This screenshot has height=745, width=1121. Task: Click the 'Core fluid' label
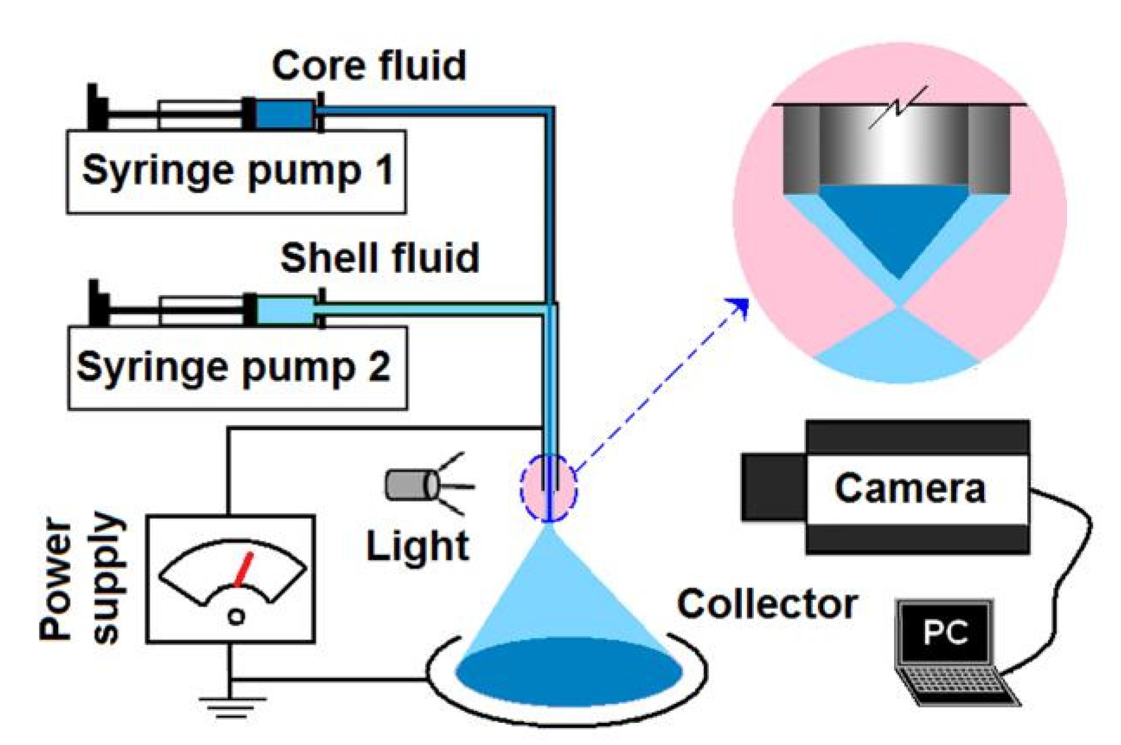(369, 65)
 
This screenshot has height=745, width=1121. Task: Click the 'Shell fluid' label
(379, 258)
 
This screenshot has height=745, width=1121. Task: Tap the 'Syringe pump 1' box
(236, 171)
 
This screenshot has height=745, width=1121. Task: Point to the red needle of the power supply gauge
(243, 570)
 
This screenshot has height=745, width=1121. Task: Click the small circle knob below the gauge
(237, 616)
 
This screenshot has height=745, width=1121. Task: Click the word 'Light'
(417, 546)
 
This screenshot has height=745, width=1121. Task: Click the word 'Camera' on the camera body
(910, 488)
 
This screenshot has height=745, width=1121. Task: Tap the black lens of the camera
(772, 487)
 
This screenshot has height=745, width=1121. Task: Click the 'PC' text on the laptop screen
(945, 632)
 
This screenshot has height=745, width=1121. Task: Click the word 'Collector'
(767, 603)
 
